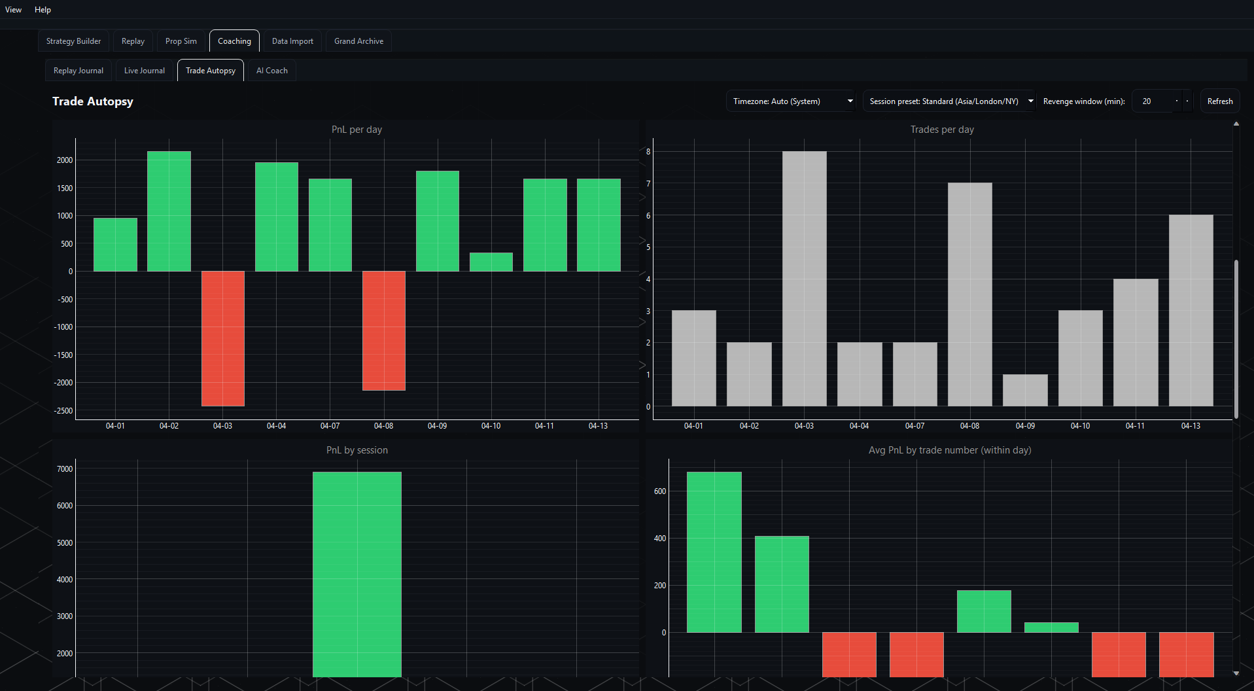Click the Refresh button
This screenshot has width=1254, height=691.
point(1219,101)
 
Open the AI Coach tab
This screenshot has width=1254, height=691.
point(271,71)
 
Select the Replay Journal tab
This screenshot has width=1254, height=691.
point(78,71)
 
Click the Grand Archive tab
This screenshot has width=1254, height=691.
point(358,41)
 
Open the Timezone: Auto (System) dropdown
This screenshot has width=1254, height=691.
point(790,101)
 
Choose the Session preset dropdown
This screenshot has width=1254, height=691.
point(949,101)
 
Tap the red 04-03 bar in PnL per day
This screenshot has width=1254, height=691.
point(223,338)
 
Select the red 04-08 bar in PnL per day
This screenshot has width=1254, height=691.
point(384,330)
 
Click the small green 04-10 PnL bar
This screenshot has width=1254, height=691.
point(491,262)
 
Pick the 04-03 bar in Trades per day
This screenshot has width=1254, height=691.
point(804,279)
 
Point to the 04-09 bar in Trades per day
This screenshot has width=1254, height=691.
point(1025,390)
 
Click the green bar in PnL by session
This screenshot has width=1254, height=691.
point(357,574)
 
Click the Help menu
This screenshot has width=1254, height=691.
point(43,10)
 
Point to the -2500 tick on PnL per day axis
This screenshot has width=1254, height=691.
point(64,411)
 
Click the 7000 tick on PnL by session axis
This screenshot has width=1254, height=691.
point(65,469)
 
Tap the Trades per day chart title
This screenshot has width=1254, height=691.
point(942,130)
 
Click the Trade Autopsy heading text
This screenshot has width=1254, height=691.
point(93,101)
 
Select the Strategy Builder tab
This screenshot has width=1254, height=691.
point(73,41)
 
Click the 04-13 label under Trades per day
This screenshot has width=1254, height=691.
point(1191,426)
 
